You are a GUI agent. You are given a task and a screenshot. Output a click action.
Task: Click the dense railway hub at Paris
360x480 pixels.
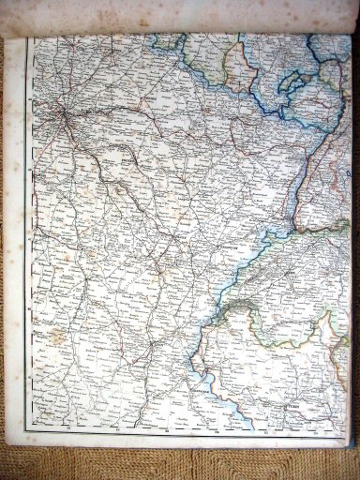coord(61,116)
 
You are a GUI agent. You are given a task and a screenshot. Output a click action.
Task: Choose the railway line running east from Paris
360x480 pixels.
coord(112,112)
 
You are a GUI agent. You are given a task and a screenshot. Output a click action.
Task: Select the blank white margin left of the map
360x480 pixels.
coord(19,234)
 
